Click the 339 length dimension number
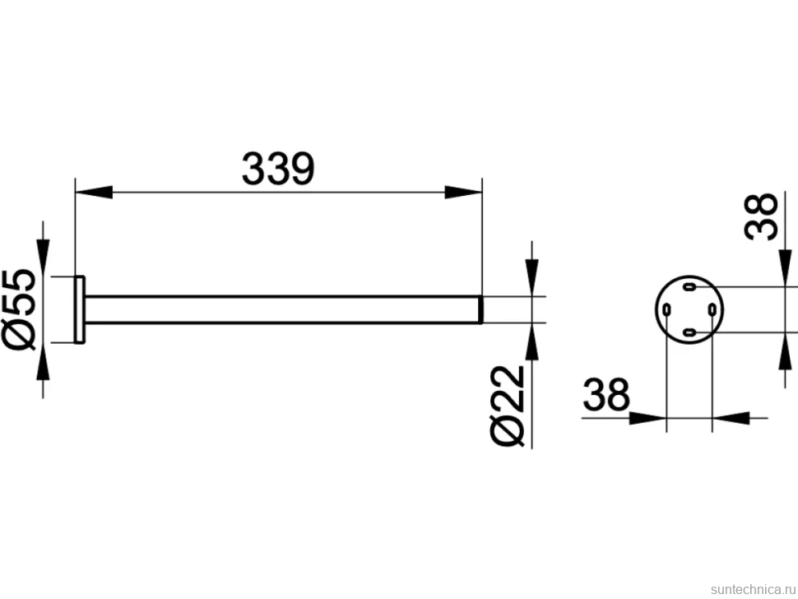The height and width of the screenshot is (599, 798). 278,169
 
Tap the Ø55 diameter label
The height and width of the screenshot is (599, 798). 20,309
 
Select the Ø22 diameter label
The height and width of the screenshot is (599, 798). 507,406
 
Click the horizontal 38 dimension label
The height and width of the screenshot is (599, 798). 606,394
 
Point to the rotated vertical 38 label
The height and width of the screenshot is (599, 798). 761,216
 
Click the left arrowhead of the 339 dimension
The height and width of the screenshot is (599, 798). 94,193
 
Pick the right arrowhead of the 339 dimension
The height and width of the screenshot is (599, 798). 463,193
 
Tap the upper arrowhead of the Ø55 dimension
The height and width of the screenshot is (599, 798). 43,258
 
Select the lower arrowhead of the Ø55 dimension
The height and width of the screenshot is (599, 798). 43,361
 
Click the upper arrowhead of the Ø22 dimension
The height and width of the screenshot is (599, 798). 531,277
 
